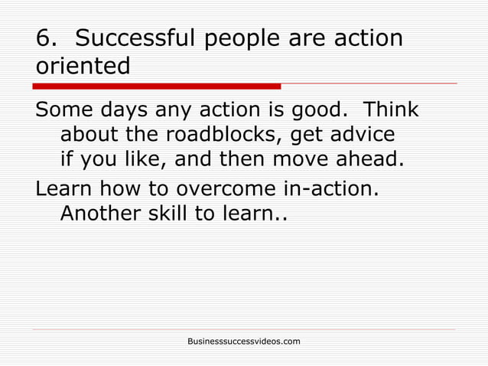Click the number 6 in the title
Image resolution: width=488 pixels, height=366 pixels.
44,38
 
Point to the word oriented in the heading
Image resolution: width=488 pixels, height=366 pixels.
83,66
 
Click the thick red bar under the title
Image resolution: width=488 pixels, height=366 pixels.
157,86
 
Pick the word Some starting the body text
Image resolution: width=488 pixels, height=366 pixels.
63,110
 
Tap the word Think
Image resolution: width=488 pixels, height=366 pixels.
390,110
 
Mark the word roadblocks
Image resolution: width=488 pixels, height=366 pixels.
236,136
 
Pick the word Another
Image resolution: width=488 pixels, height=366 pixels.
102,214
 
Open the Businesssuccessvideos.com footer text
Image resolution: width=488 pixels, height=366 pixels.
244,340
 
